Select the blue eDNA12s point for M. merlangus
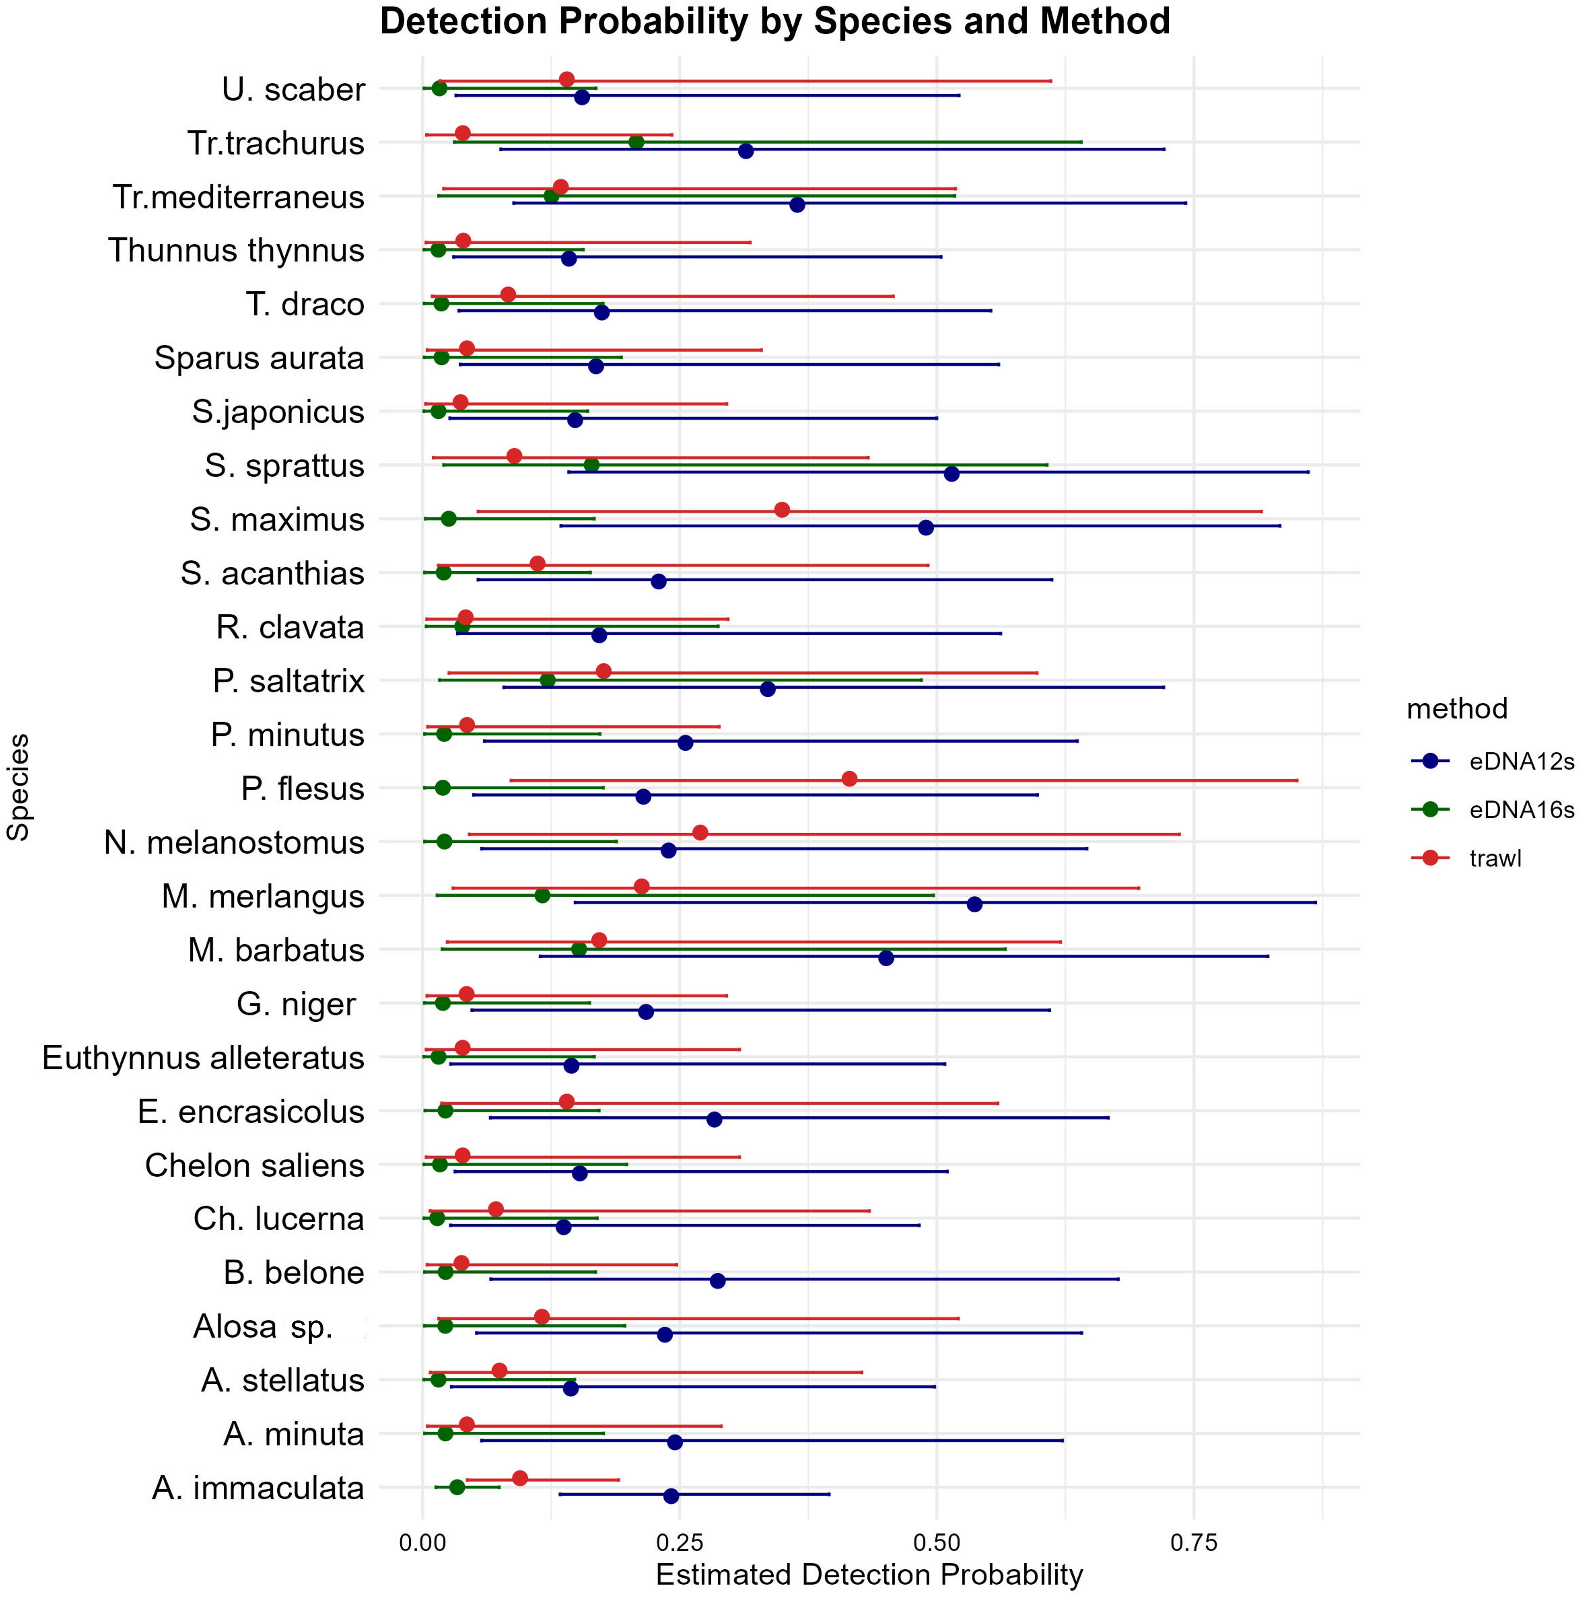[974, 904]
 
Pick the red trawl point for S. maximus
[782, 509]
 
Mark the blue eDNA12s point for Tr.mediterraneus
[797, 204]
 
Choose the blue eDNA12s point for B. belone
[717, 1280]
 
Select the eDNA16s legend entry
[1521, 810]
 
